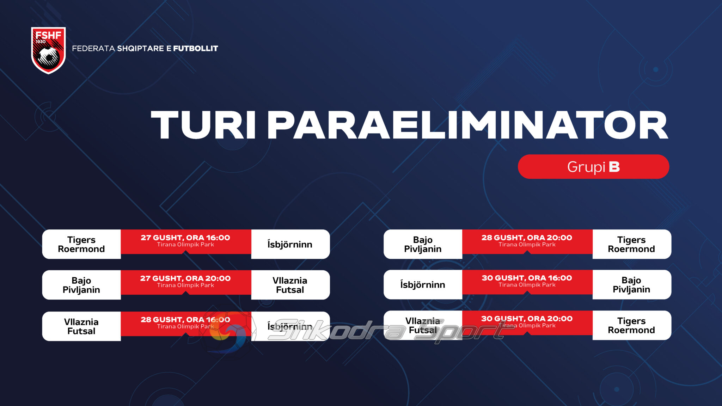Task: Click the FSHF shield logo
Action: pos(48,50)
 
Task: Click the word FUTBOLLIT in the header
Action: pos(196,49)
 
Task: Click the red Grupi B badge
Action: pos(593,167)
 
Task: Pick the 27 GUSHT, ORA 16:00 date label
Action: pos(185,238)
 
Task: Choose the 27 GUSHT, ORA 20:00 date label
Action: pos(185,278)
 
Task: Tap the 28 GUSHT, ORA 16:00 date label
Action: pos(185,319)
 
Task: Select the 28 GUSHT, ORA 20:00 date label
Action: pos(527,238)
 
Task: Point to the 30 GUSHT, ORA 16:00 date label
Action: pos(527,278)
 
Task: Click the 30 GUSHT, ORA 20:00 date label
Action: pos(527,319)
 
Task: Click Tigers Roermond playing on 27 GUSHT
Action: pos(81,244)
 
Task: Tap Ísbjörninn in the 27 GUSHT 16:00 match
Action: pos(290,244)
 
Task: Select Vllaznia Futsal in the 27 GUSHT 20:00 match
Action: pos(290,285)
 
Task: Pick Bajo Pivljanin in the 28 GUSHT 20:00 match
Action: pos(423,244)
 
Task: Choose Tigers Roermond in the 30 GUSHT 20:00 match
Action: pos(631,325)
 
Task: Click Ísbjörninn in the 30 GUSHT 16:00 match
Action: pos(423,284)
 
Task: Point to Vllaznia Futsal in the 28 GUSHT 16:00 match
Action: pos(81,326)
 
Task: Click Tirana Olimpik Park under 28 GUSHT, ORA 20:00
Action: pos(527,245)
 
